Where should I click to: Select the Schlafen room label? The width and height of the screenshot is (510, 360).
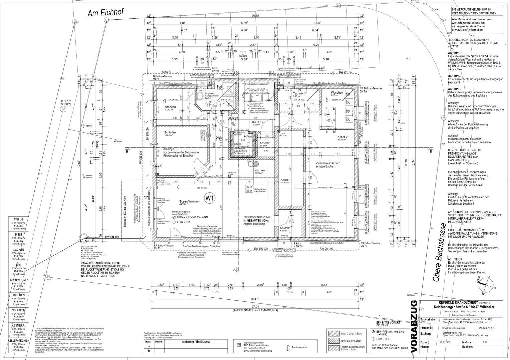coord(170,132)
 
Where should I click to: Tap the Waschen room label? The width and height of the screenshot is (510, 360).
coord(337,92)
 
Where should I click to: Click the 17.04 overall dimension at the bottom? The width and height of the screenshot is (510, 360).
coord(256,306)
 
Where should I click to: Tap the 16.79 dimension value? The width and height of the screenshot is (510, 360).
coord(255,16)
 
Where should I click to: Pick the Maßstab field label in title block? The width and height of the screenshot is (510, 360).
coord(467,342)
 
